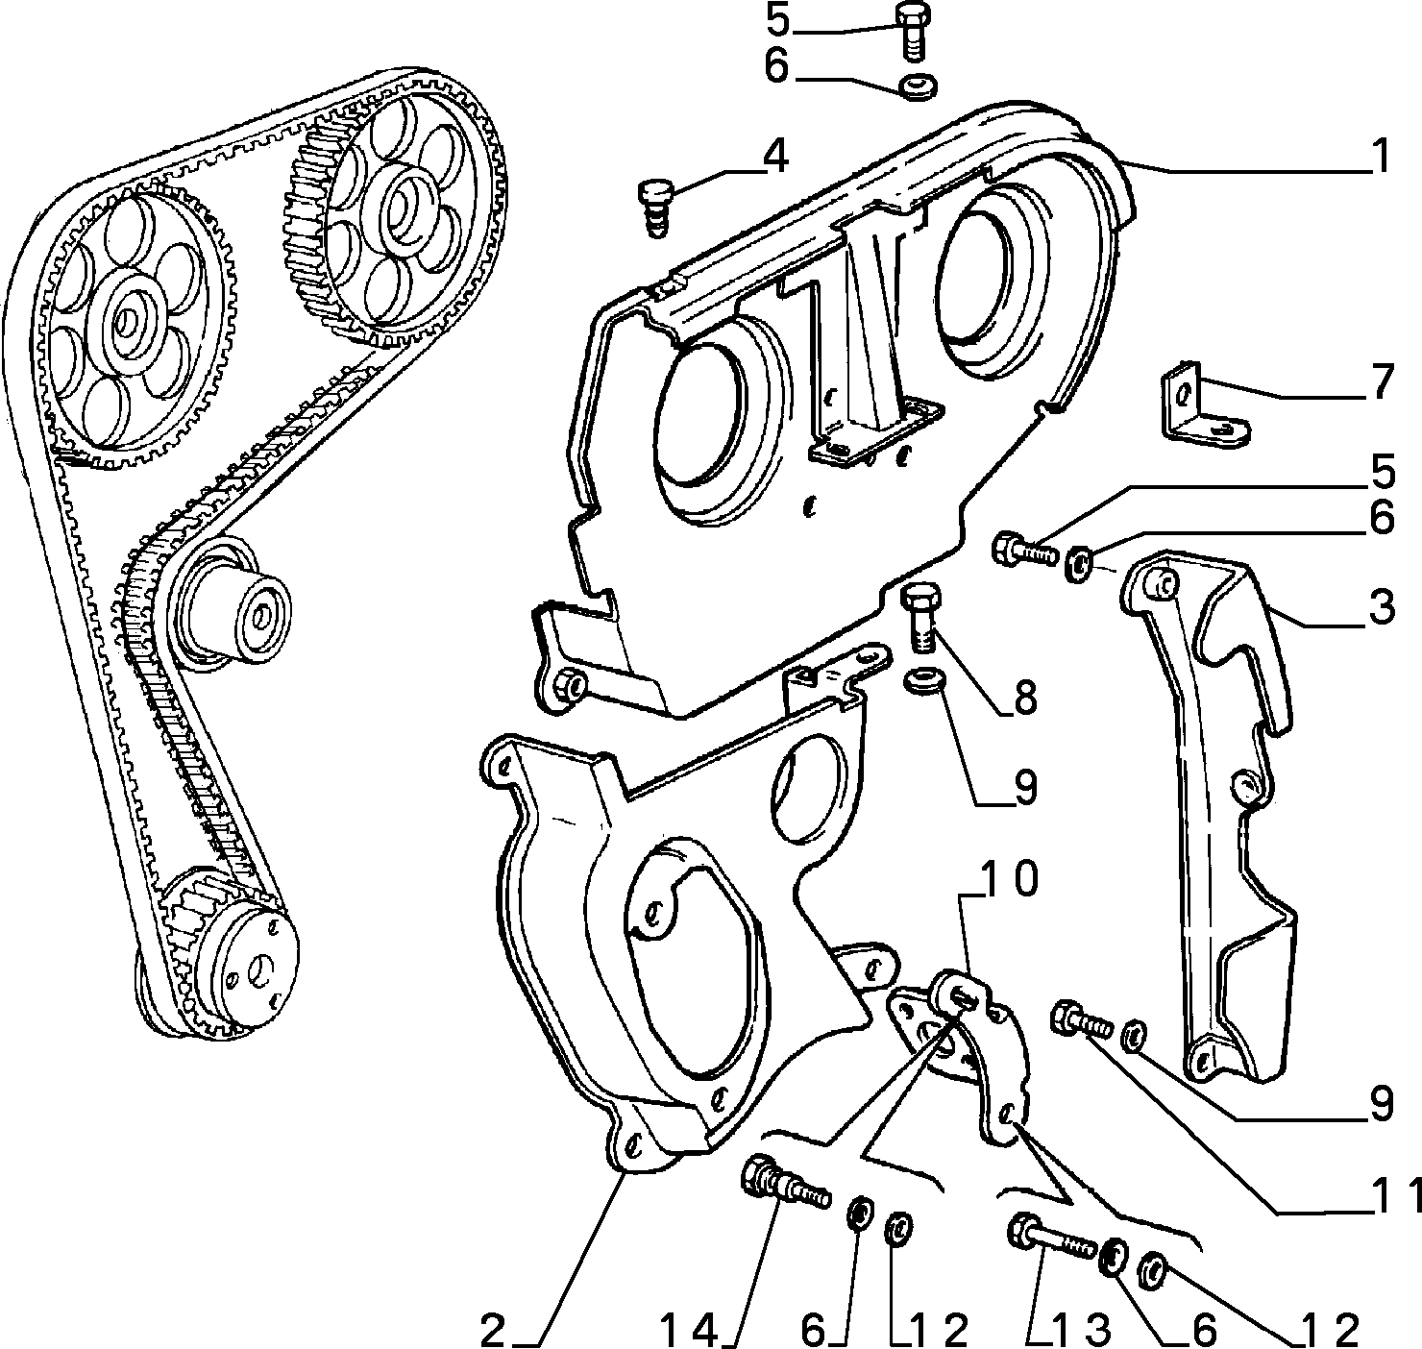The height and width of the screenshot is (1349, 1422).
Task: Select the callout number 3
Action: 1381,606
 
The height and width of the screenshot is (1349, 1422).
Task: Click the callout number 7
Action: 1382,381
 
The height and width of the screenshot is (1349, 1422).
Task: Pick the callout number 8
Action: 1024,698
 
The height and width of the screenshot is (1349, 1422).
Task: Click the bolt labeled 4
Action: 655,208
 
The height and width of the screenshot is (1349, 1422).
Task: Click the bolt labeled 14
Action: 784,1185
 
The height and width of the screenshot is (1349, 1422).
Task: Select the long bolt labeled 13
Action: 1052,1239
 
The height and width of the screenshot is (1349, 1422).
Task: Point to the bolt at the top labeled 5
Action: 913,30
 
